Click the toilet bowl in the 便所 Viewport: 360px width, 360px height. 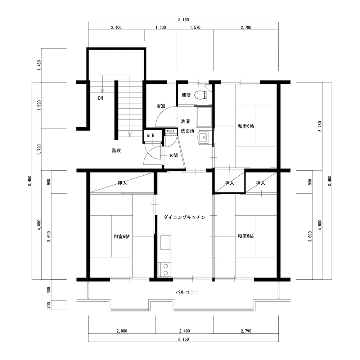click(199, 95)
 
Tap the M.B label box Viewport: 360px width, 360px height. click(150, 135)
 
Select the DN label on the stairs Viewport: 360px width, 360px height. click(100, 98)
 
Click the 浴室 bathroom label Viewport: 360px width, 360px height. click(161, 106)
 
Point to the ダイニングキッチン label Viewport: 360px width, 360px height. click(184, 217)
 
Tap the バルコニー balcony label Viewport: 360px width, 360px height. click(187, 292)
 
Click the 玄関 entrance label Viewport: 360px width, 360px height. click(174, 156)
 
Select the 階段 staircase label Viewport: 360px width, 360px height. click(116, 150)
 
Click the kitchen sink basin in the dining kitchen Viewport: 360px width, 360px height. click(165, 242)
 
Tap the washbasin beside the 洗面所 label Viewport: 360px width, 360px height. click(203, 138)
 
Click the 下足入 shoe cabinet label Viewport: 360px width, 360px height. click(170, 131)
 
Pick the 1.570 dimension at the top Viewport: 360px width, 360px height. click(195, 28)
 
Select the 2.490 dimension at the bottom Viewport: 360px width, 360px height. click(185, 331)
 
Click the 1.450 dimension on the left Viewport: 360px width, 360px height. click(39, 66)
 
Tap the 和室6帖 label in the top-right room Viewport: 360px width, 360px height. click(246, 126)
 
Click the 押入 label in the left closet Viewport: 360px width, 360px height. click(122, 183)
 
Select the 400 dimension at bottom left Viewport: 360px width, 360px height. click(49, 306)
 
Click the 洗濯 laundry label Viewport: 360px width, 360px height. click(185, 121)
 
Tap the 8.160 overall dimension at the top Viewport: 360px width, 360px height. click(184, 20)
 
